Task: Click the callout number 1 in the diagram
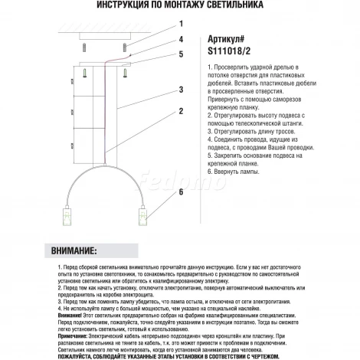pos(181,19)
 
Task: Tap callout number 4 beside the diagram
pos(181,38)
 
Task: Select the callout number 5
pos(181,54)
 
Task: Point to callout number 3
pos(181,90)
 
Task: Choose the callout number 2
pos(181,110)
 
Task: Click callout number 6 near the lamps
pos(181,192)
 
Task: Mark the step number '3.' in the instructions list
pos(210,132)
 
